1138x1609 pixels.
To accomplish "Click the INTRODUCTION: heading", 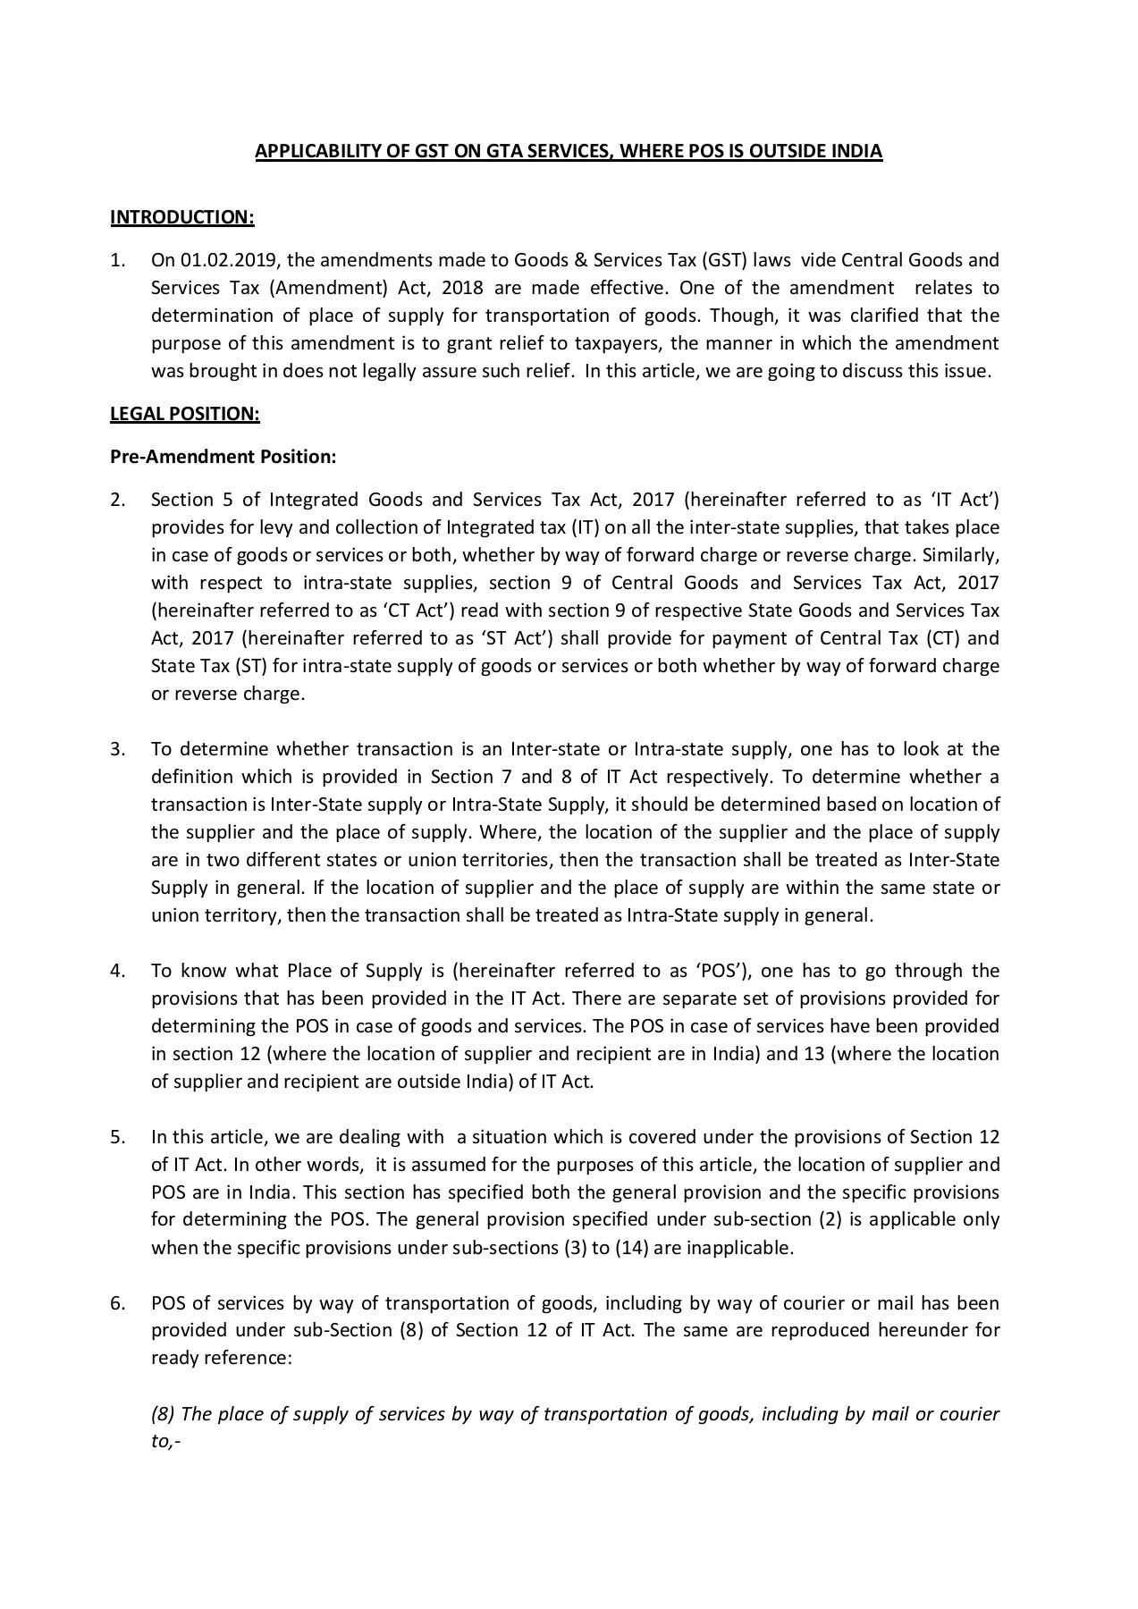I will (x=182, y=217).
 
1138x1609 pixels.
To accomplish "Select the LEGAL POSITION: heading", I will (x=184, y=414).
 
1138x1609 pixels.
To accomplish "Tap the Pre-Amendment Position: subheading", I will (x=223, y=457).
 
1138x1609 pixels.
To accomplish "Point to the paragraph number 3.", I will (x=117, y=749).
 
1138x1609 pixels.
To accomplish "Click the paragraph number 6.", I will (x=117, y=1303).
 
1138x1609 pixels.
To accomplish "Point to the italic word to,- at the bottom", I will (x=165, y=1442).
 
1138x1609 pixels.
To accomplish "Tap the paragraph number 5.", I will (x=117, y=1137).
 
